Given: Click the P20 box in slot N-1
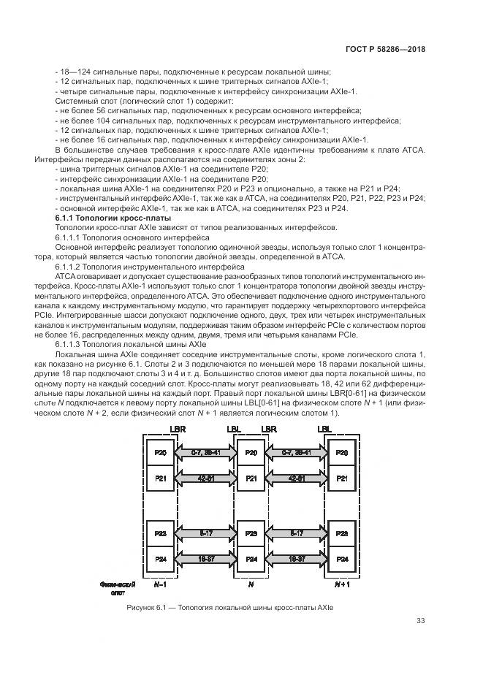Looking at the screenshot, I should click(160, 453).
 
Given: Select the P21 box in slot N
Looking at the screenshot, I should click(251, 478).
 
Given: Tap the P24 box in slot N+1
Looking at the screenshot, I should click(341, 559).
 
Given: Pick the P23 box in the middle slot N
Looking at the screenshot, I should click(251, 534).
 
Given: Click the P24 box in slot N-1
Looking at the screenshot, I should click(160, 559).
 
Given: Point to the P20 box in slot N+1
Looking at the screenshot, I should click(341, 453).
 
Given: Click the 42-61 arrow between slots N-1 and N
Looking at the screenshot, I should click(205, 478).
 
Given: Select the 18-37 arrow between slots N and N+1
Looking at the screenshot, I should click(296, 559).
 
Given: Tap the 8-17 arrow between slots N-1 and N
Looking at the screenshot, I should click(205, 534).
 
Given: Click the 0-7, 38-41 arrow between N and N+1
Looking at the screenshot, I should click(296, 453).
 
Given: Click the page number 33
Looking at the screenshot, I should click(420, 621).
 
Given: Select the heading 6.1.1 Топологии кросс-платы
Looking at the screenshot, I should click(113, 218).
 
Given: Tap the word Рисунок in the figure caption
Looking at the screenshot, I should click(141, 607).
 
